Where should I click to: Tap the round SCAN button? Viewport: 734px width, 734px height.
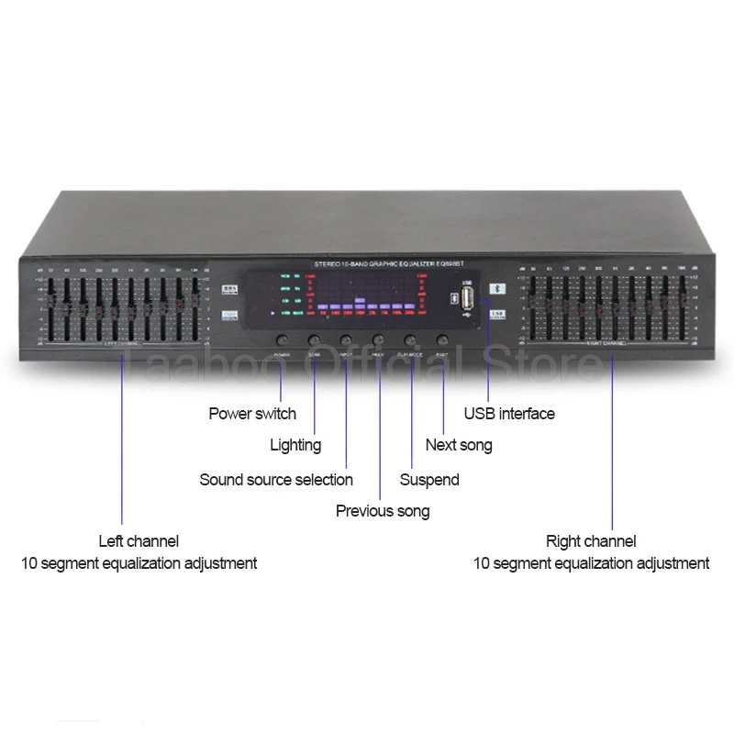(315, 339)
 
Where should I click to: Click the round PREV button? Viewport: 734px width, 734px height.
(378, 339)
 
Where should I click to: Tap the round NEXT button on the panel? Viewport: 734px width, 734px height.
(442, 339)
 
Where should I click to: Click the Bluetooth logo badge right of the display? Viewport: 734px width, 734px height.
(496, 286)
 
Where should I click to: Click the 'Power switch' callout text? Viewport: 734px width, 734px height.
(252, 414)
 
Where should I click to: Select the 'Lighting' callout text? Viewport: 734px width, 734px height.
(295, 445)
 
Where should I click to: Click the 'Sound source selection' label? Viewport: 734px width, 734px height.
(276, 479)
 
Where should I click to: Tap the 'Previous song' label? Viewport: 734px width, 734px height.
(383, 511)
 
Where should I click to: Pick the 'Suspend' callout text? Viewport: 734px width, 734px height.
(429, 479)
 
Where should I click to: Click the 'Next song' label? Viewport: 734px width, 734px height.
(459, 445)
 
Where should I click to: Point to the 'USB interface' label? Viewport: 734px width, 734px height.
(509, 414)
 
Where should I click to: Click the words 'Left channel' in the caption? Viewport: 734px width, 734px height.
(139, 541)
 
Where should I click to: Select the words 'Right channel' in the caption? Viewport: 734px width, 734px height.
(591, 541)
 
